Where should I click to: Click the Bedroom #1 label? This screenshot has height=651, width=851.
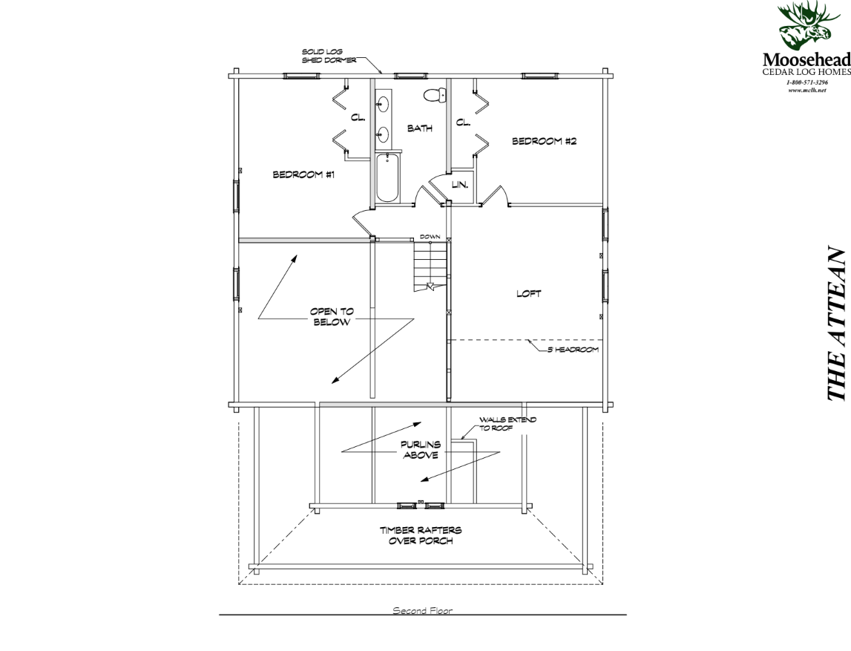pyautogui.click(x=304, y=175)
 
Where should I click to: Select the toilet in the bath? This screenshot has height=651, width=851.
pyautogui.click(x=434, y=94)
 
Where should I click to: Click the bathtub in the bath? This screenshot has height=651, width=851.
pyautogui.click(x=387, y=178)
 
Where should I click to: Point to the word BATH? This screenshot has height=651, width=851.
pyautogui.click(x=419, y=128)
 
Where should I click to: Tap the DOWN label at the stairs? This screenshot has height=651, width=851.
pyautogui.click(x=430, y=237)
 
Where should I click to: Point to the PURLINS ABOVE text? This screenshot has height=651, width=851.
pyautogui.click(x=420, y=450)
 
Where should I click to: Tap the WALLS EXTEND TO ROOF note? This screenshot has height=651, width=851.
pyautogui.click(x=507, y=424)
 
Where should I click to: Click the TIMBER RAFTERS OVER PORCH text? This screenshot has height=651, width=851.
pyautogui.click(x=420, y=535)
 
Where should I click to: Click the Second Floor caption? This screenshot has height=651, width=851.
pyautogui.click(x=422, y=611)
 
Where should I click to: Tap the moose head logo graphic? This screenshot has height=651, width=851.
pyautogui.click(x=804, y=27)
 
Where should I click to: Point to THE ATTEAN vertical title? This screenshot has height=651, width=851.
pyautogui.click(x=836, y=335)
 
